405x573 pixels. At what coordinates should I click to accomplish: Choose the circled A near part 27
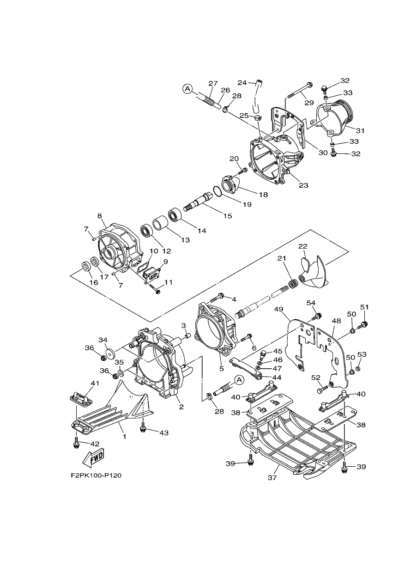click(x=187, y=89)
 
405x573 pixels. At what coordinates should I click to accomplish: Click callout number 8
click(x=99, y=216)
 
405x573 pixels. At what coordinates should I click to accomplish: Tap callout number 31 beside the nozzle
click(x=360, y=130)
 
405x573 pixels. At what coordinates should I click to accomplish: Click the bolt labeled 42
click(x=76, y=445)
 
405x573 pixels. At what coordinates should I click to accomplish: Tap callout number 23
click(x=303, y=185)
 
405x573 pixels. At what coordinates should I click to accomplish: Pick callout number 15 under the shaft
click(x=227, y=216)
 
